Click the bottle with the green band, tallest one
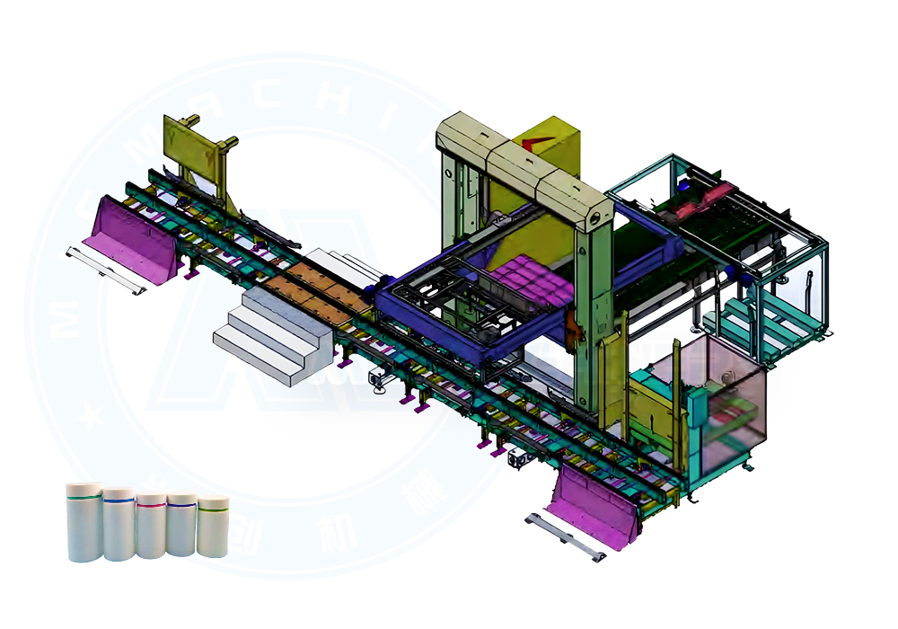[x=84, y=521]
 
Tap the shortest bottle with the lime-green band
[x=213, y=526]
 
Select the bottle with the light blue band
[x=118, y=524]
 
